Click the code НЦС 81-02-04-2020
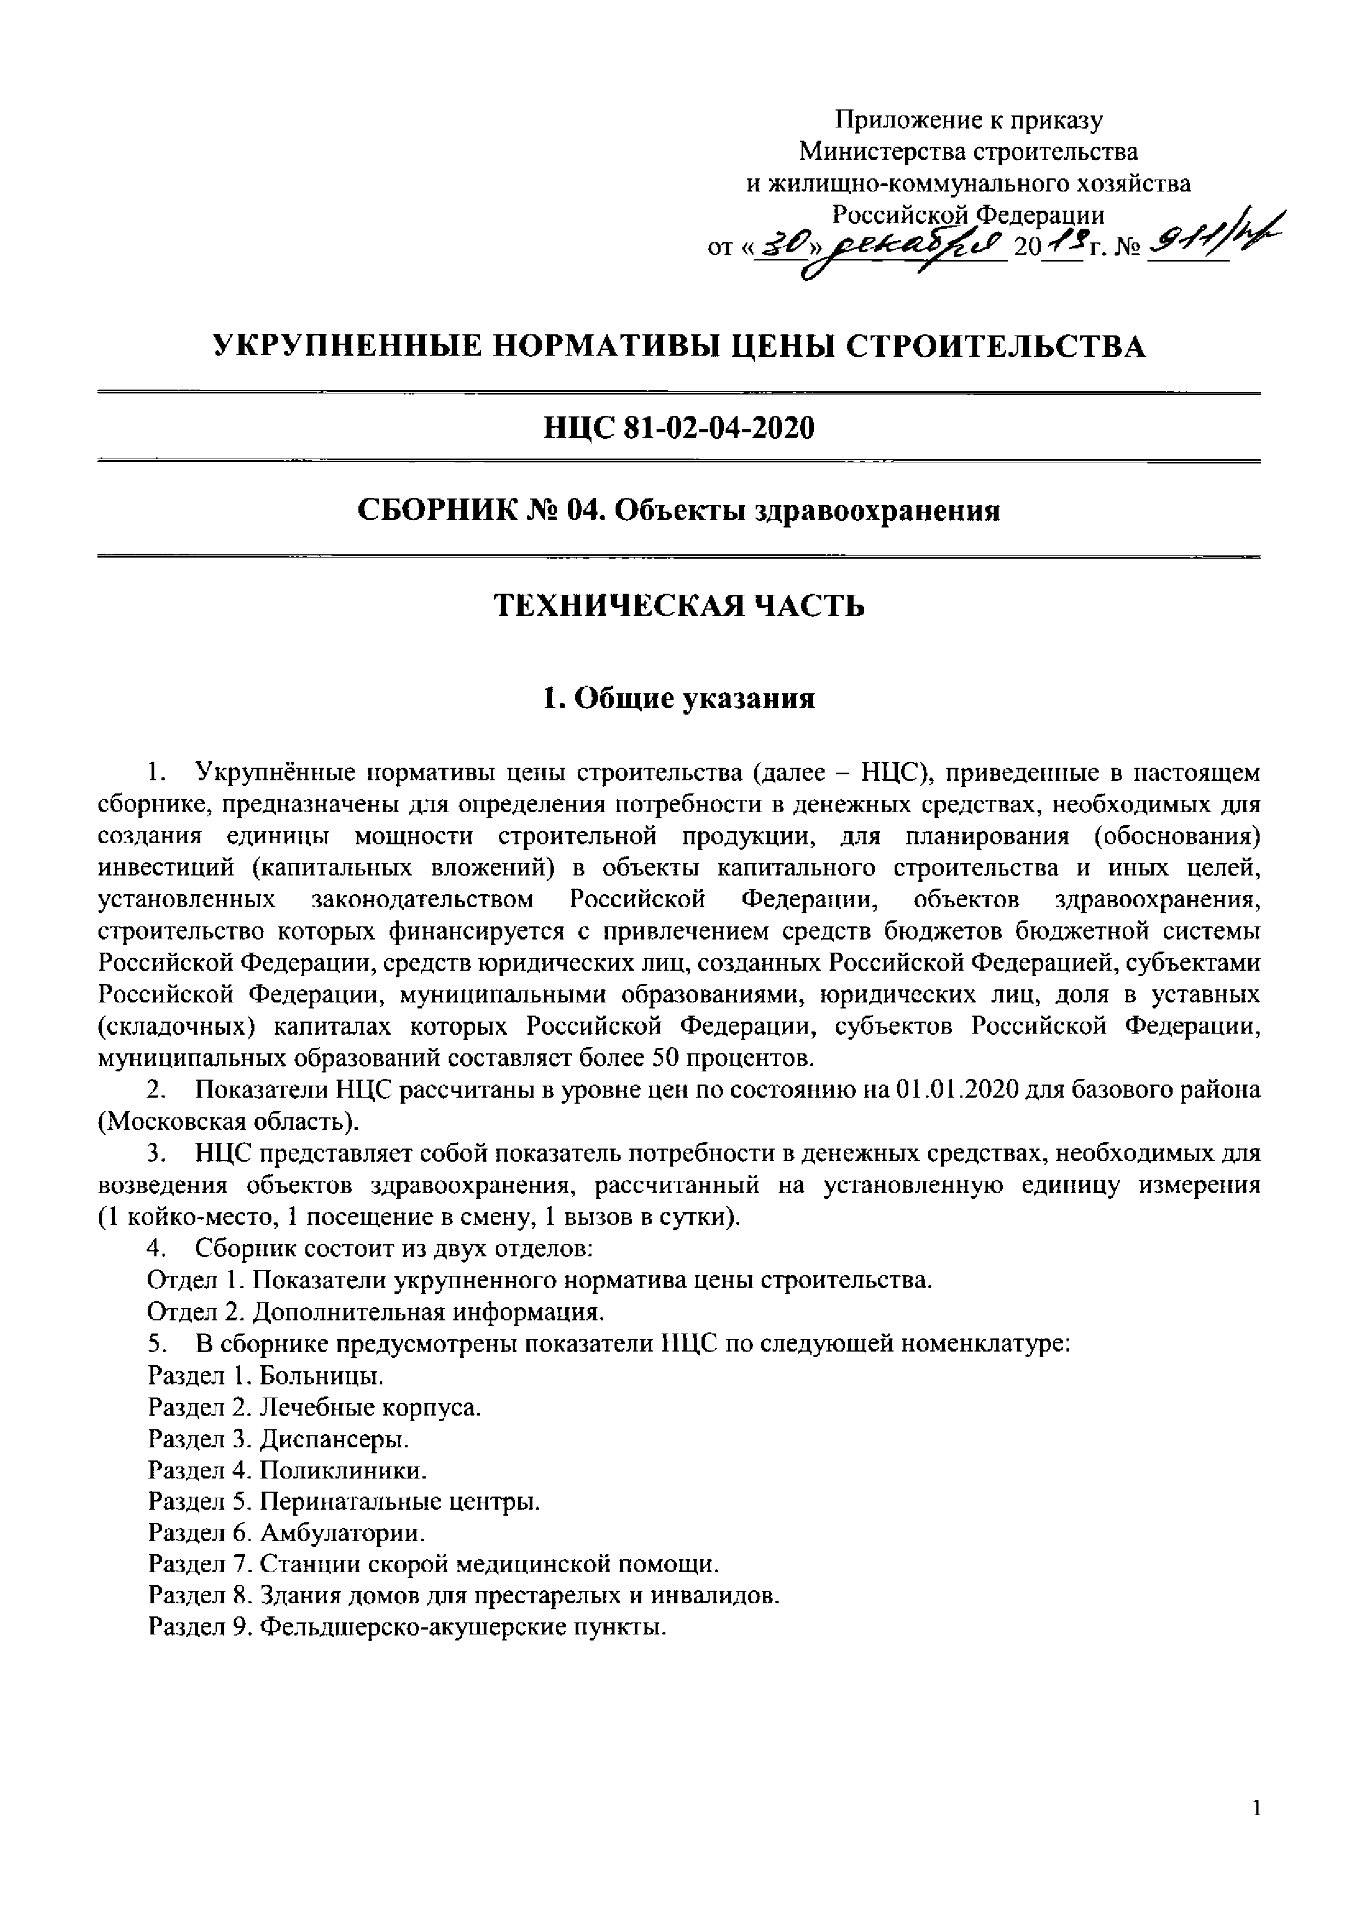[x=678, y=428]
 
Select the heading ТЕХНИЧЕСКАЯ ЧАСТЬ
[x=678, y=605]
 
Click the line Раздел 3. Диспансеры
[x=279, y=1439]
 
